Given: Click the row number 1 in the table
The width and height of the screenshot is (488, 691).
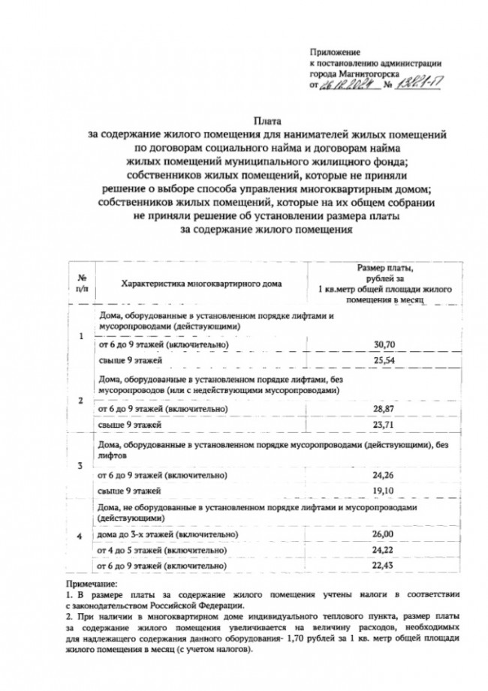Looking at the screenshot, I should tap(81, 335).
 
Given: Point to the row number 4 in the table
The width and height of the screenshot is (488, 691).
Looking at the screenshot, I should tap(81, 537).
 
